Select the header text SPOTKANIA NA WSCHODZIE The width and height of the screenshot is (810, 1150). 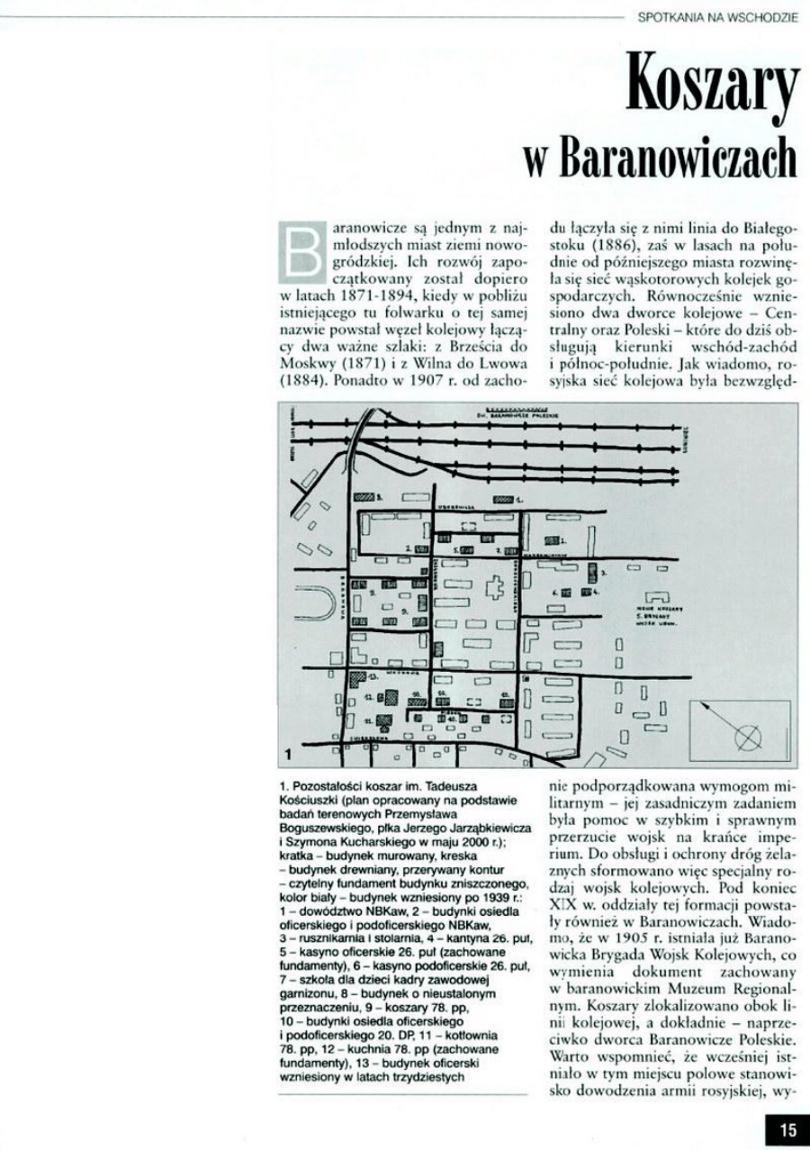[x=717, y=15]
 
